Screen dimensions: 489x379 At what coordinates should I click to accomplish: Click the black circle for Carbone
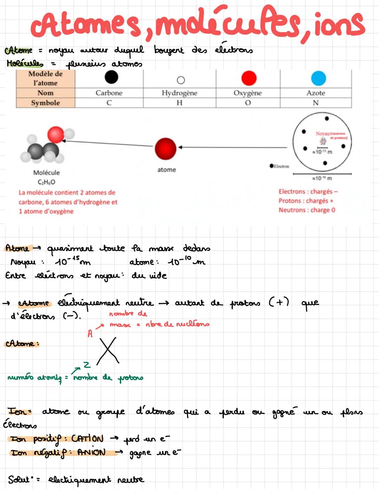(111, 77)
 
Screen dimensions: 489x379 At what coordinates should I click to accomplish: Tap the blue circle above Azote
(318, 78)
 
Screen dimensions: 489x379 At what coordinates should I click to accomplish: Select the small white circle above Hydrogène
(181, 80)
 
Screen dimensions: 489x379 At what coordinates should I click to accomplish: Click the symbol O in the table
(248, 103)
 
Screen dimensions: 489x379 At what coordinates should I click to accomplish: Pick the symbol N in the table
(315, 103)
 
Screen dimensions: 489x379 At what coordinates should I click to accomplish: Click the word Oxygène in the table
(247, 93)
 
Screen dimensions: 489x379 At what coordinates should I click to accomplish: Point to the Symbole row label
(45, 103)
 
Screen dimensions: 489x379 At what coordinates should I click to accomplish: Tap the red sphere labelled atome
(165, 148)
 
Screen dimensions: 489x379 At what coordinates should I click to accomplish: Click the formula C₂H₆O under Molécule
(46, 182)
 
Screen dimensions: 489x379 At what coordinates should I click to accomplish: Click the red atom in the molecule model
(55, 135)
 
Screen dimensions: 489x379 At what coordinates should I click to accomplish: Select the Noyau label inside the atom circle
(323, 134)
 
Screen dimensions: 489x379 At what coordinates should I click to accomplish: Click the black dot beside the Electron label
(272, 166)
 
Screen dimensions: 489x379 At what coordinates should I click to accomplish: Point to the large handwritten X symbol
(108, 351)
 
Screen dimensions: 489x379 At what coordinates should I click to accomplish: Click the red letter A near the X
(90, 334)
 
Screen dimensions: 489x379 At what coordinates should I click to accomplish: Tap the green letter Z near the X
(86, 365)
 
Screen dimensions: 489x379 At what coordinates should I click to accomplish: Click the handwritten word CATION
(87, 439)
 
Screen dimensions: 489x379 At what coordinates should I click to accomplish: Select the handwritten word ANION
(91, 452)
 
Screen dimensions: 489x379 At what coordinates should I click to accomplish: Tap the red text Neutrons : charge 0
(307, 210)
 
